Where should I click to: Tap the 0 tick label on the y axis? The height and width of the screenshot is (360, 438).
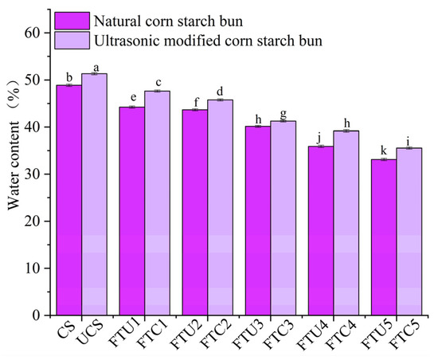point(41,315)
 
